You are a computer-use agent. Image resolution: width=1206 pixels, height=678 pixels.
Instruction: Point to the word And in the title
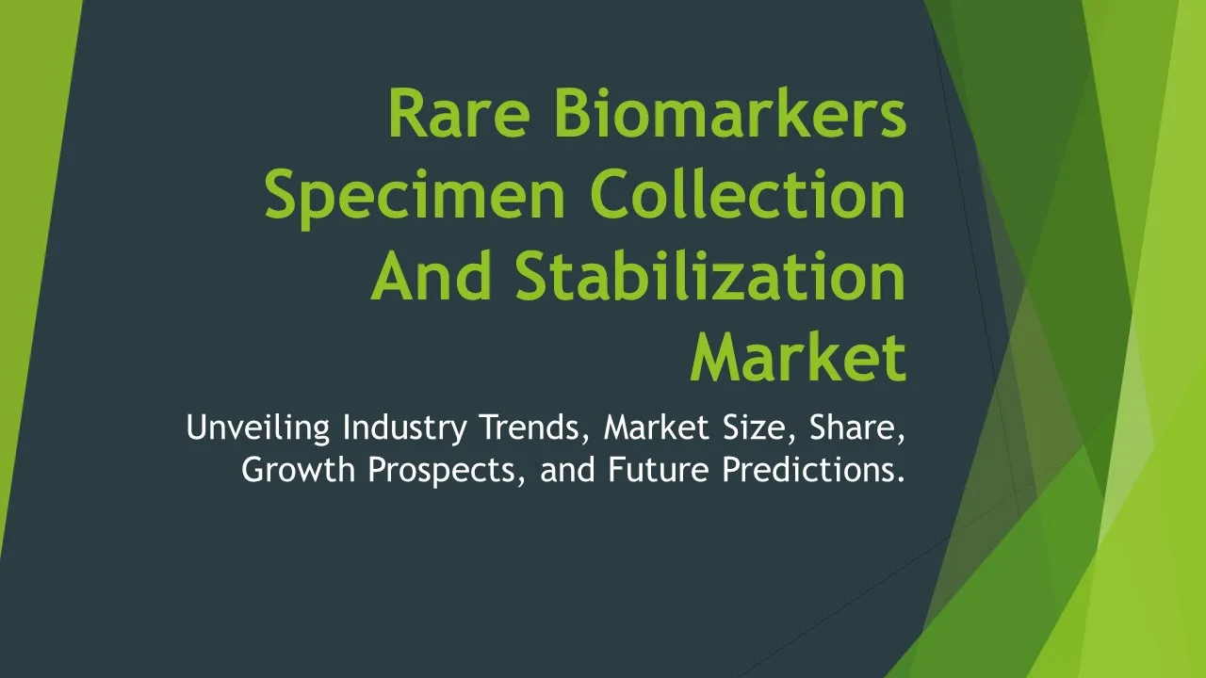coord(432,275)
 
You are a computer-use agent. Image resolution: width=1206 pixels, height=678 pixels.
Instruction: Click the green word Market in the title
coord(798,356)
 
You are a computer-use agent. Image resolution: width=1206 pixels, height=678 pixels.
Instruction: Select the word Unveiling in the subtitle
coord(258,428)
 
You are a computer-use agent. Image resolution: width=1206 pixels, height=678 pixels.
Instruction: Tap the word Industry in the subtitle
coord(405,428)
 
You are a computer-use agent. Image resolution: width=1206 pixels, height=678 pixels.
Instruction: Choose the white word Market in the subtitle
coord(657,428)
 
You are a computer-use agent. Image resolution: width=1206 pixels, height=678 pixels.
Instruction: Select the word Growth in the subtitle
coord(299,469)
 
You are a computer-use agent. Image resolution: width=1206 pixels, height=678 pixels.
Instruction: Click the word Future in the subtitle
coord(659,469)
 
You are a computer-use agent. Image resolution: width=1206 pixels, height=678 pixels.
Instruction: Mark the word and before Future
coord(567,469)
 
